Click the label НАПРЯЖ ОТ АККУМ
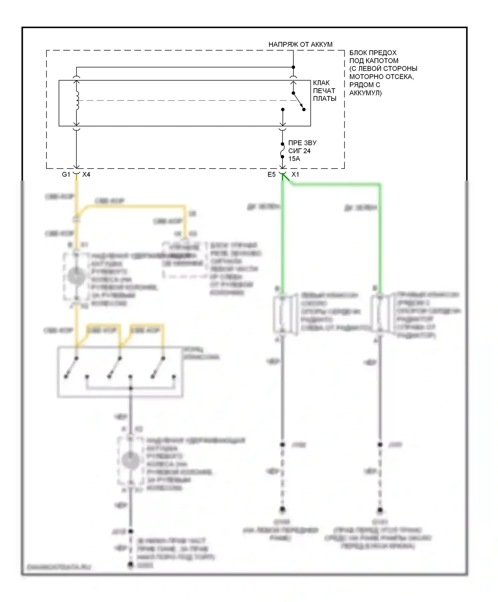[300, 44]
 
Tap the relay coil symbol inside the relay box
[77, 100]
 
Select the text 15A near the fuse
[294, 159]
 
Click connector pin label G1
[66, 175]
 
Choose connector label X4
[86, 175]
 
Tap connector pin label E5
[272, 175]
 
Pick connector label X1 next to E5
[295, 175]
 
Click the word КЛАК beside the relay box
[321, 83]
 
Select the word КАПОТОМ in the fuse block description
[381, 61]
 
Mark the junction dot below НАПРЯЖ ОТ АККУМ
[293, 67]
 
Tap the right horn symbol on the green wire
[381, 313]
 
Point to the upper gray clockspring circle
[76, 276]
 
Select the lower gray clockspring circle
[130, 461]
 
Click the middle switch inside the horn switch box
[115, 367]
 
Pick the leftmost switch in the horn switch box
[71, 367]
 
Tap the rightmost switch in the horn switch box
[158, 367]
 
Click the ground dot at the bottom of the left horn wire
[282, 509]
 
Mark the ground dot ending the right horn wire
[380, 509]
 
